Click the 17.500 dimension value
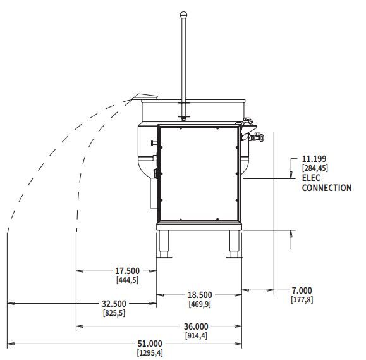tap(128, 271)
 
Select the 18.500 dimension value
tap(200, 295)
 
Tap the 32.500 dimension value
tap(114, 304)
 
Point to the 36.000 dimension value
tap(196, 326)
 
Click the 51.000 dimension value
tap(150, 344)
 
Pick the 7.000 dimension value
tap(302, 290)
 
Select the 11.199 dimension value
tap(314, 159)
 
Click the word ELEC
tap(311, 178)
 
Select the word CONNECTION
tap(327, 188)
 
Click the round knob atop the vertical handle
tap(184, 15)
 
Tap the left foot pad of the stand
tap(164, 258)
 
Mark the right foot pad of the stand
tap(234, 258)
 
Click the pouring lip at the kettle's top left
tap(145, 97)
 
